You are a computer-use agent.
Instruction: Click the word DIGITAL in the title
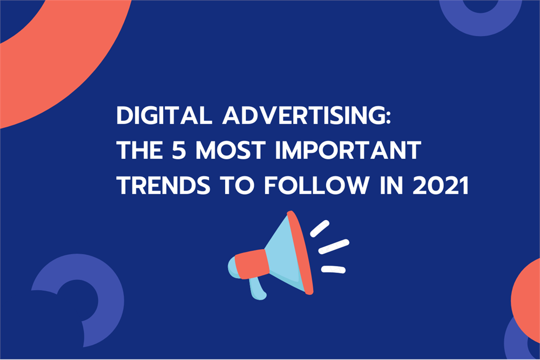(x=164, y=115)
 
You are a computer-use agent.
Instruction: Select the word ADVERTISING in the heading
(x=303, y=115)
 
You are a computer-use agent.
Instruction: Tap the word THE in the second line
(x=140, y=150)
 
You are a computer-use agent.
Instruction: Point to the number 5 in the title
(x=179, y=150)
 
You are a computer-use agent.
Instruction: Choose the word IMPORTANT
(x=348, y=150)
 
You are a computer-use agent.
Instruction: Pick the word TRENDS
(x=163, y=185)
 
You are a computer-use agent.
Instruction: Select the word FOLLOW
(x=316, y=185)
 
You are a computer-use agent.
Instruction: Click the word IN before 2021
(x=391, y=185)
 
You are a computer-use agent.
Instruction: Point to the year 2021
(x=441, y=185)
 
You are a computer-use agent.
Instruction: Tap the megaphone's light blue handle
(x=258, y=288)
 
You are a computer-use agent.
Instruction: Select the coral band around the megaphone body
(x=252, y=264)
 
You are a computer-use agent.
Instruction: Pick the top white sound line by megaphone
(x=320, y=228)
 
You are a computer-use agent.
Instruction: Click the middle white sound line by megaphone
(x=334, y=247)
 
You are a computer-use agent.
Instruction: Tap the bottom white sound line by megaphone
(x=333, y=269)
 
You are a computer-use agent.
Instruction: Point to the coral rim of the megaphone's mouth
(x=300, y=253)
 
